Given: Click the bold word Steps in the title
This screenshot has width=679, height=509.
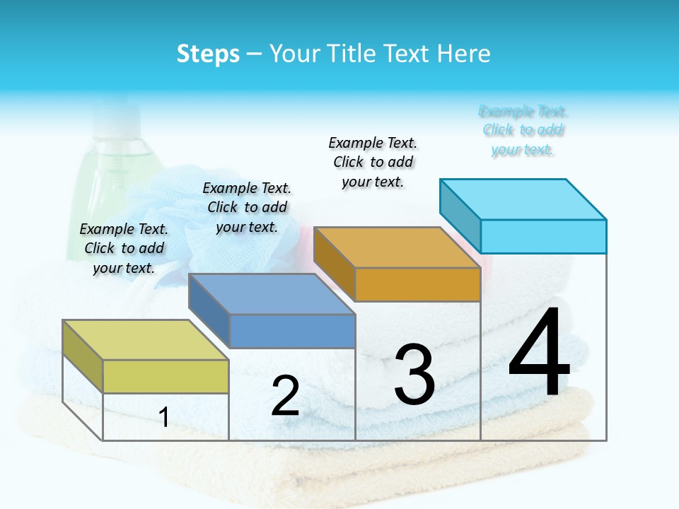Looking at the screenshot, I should pyautogui.click(x=208, y=54).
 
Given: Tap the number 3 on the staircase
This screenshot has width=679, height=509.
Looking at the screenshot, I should pyautogui.click(x=414, y=375).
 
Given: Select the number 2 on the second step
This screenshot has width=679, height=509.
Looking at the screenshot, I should pyautogui.click(x=285, y=397).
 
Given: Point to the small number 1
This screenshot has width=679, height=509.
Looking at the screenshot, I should pyautogui.click(x=164, y=418).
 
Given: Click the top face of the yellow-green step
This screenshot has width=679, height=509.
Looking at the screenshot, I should pyautogui.click(x=146, y=340).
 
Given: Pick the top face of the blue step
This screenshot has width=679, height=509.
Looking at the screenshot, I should pyautogui.click(x=272, y=294).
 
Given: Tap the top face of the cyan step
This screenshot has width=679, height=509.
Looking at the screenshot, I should pyautogui.click(x=523, y=199).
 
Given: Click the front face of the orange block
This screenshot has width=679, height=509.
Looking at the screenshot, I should pyautogui.click(x=417, y=285).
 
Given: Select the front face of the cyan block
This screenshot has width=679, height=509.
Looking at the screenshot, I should pyautogui.click(x=543, y=236).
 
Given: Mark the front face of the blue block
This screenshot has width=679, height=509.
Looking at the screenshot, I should pyautogui.click(x=292, y=331).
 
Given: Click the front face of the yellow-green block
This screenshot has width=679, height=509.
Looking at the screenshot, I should pyautogui.click(x=166, y=377).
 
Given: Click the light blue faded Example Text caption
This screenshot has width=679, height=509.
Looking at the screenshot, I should pyautogui.click(x=523, y=131).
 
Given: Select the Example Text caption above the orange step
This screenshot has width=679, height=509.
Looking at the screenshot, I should pyautogui.click(x=373, y=162).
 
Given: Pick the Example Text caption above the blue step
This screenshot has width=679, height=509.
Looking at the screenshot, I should pyautogui.click(x=247, y=207).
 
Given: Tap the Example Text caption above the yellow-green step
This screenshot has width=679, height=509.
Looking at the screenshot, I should pyautogui.click(x=124, y=248).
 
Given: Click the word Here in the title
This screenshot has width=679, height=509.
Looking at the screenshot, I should pyautogui.click(x=466, y=54).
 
